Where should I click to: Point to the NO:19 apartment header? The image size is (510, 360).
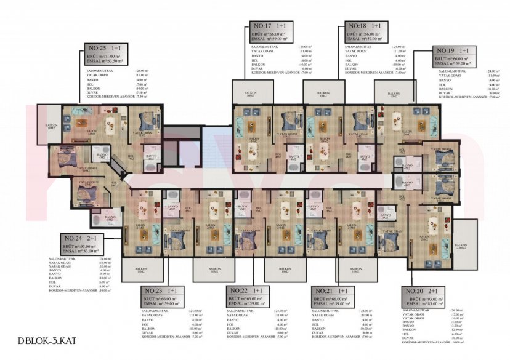tap(453, 50)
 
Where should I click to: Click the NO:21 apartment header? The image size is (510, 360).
tap(332, 290)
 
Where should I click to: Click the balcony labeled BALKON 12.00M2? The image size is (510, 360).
tap(460, 246)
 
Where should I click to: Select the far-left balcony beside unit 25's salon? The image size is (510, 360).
tap(52, 127)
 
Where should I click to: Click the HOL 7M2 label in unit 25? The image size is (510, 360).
tap(131, 158)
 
